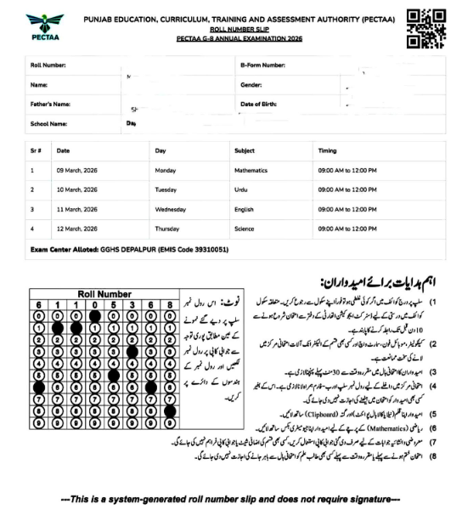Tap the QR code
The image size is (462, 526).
[x=425, y=27]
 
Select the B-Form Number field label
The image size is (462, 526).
[x=262, y=65]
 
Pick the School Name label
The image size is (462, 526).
[x=48, y=124]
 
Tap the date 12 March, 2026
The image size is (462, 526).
[x=77, y=229]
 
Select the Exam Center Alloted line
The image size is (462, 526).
[x=129, y=250]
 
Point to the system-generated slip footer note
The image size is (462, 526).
[x=231, y=496]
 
